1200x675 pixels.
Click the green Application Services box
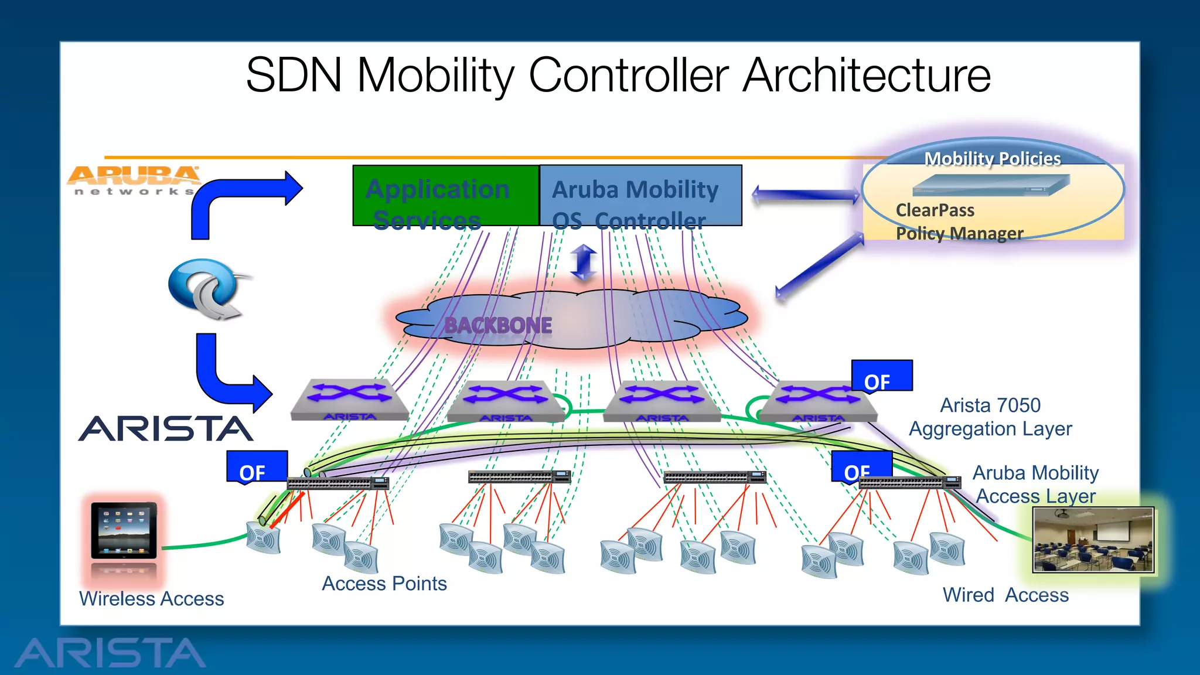click(445, 196)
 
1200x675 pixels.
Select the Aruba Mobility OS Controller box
click(640, 196)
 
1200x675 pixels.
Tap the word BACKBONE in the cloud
click(498, 325)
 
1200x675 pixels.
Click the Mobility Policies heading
click(992, 159)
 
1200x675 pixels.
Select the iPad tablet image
click(124, 530)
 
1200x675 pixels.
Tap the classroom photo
click(1093, 540)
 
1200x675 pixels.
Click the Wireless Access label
click(151, 599)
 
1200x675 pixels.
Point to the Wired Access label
click(1005, 595)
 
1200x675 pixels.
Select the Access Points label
click(384, 584)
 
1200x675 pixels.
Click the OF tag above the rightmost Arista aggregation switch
click(881, 377)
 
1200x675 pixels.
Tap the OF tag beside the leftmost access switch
click(257, 467)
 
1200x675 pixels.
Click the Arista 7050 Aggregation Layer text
click(990, 417)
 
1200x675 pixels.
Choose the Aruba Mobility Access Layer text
click(1035, 485)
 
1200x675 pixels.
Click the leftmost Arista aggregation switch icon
click(350, 400)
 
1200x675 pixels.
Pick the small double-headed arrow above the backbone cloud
click(584, 262)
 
